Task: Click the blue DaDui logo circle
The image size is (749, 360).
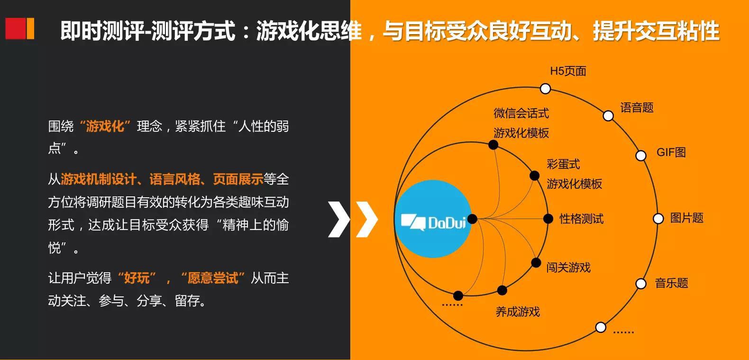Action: point(433,219)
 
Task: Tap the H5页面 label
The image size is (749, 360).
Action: point(568,71)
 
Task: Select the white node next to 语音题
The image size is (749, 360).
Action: point(608,116)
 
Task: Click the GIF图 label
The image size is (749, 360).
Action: point(671,152)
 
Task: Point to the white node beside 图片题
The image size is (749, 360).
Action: point(658,219)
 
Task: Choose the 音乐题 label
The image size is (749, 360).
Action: point(671,283)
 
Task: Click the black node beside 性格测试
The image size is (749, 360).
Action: point(548,219)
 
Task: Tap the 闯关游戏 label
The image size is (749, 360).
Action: point(568,268)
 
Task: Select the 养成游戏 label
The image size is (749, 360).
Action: point(518,312)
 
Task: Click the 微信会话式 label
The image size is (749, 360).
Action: point(521,113)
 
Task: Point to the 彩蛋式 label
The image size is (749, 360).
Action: point(564,164)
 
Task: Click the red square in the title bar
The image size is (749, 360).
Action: point(15,28)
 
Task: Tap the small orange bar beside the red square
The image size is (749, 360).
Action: point(30,28)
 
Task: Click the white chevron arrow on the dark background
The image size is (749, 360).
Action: point(339,220)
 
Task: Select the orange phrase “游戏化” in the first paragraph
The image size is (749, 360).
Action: point(105,127)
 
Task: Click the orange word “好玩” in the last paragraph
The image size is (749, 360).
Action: point(137,278)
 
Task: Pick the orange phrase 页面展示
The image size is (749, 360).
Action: point(238,179)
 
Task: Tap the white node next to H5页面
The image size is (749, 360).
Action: point(545,89)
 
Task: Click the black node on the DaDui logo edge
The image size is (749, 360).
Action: point(472,219)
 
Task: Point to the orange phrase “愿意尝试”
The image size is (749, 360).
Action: point(213,278)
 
